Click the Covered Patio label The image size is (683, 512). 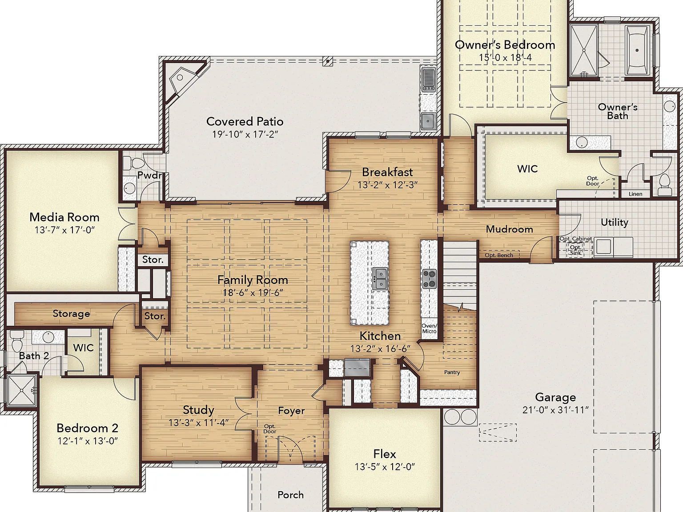pos(245,121)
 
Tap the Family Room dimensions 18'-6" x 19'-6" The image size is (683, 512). pos(253,293)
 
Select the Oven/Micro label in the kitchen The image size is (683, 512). pos(430,328)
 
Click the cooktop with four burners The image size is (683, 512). pos(430,279)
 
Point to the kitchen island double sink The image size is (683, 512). pos(380,279)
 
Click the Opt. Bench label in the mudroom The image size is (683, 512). pos(499,255)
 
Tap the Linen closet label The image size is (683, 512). pos(635,194)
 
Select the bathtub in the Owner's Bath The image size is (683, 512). pos(637,51)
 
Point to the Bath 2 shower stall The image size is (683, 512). pos(21,391)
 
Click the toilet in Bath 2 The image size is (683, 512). pos(16,341)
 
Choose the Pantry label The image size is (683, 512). pos(452,372)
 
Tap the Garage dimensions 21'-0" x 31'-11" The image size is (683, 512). pos(556,410)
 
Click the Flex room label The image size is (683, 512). pos(385,454)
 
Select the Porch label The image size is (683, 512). pos(291,495)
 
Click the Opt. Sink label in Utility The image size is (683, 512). pos(575,250)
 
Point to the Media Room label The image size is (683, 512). pos(64,217)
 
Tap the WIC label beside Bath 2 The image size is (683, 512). pos(84,348)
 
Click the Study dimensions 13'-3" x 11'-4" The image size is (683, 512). pos(198,423)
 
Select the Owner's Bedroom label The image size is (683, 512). pos(505,45)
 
